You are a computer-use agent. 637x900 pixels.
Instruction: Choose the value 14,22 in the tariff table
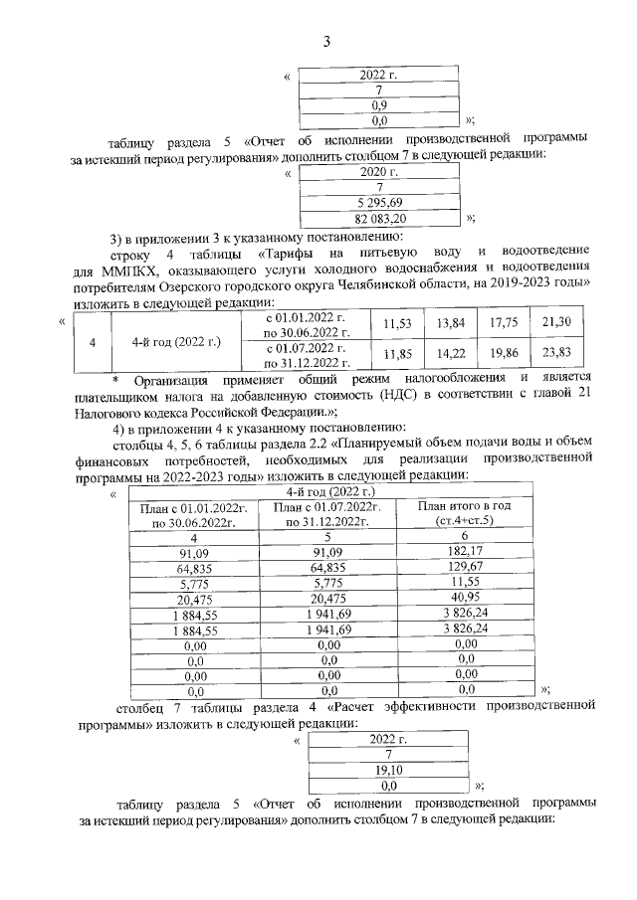pos(451,356)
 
